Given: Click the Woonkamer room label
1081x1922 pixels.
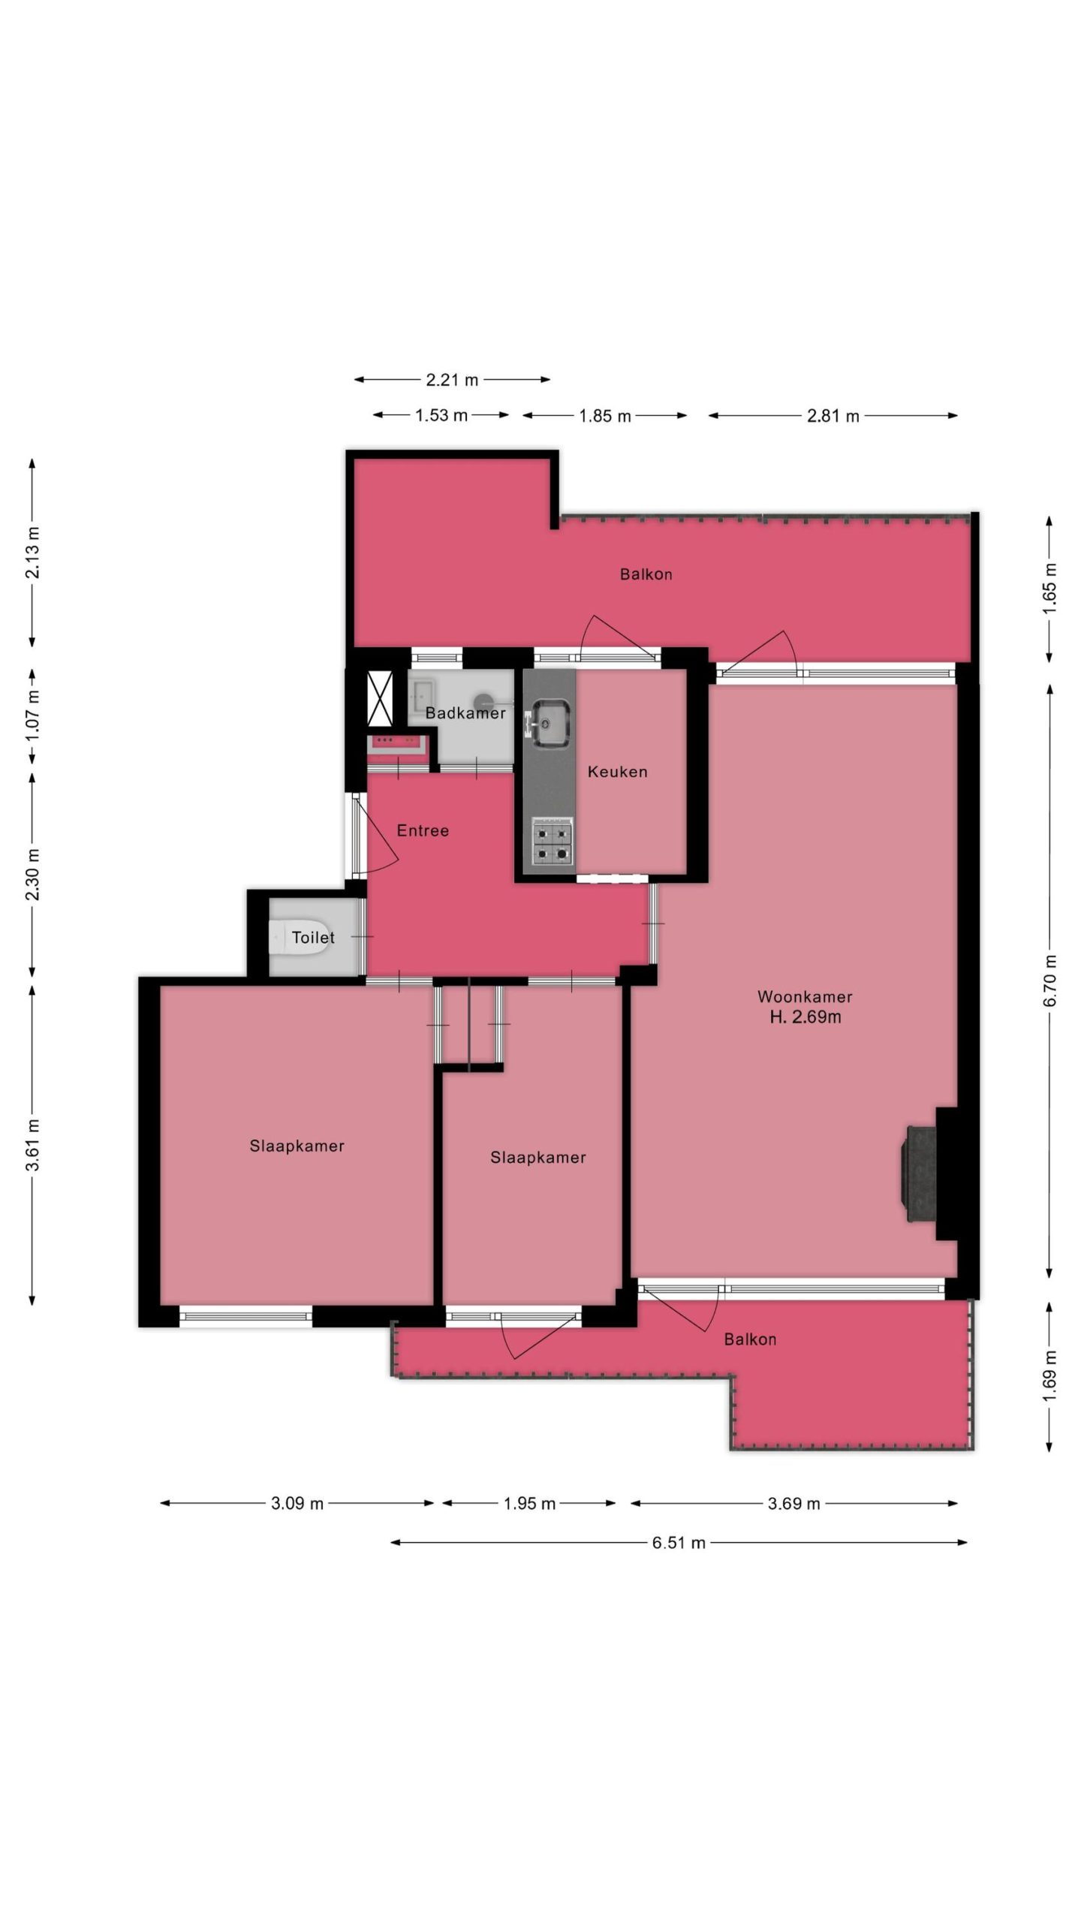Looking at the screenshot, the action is [805, 996].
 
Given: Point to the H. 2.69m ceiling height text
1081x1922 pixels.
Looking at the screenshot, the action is [805, 1017].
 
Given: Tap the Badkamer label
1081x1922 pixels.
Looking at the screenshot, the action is [465, 712].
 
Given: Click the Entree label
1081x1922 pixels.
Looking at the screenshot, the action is [423, 830].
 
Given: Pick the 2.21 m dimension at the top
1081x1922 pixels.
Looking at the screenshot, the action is [452, 380].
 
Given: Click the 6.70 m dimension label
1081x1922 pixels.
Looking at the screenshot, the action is [1050, 981].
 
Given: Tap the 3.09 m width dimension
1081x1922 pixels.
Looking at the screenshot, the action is [297, 1503].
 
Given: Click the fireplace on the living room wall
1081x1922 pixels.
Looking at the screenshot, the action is [922, 1175].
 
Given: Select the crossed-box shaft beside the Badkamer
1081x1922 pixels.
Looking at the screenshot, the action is [380, 700].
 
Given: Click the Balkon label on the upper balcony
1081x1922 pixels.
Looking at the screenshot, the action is [646, 574].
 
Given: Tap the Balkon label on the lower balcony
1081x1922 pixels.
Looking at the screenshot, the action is [750, 1339].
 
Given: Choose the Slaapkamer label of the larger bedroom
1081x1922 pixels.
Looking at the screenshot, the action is [297, 1146].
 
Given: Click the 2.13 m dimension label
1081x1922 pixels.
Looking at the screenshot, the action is [32, 553].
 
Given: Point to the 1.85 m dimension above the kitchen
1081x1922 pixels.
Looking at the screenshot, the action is [605, 416].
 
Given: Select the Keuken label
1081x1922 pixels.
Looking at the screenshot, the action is [617, 771].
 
